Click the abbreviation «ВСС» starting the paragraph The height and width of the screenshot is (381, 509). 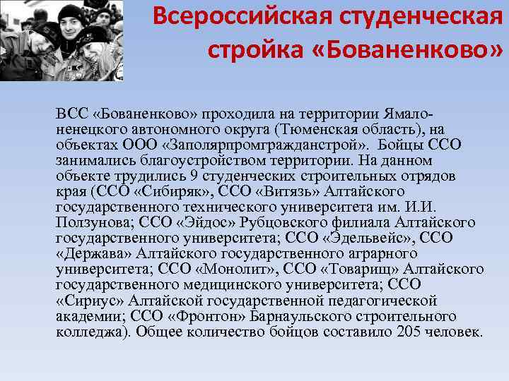coord(71,114)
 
